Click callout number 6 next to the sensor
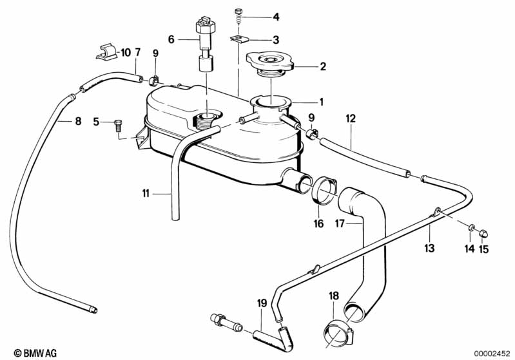[171, 39]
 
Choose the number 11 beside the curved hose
[146, 193]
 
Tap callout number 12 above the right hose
[351, 119]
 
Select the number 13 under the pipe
[429, 248]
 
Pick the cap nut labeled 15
[485, 230]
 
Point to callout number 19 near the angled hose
[261, 302]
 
